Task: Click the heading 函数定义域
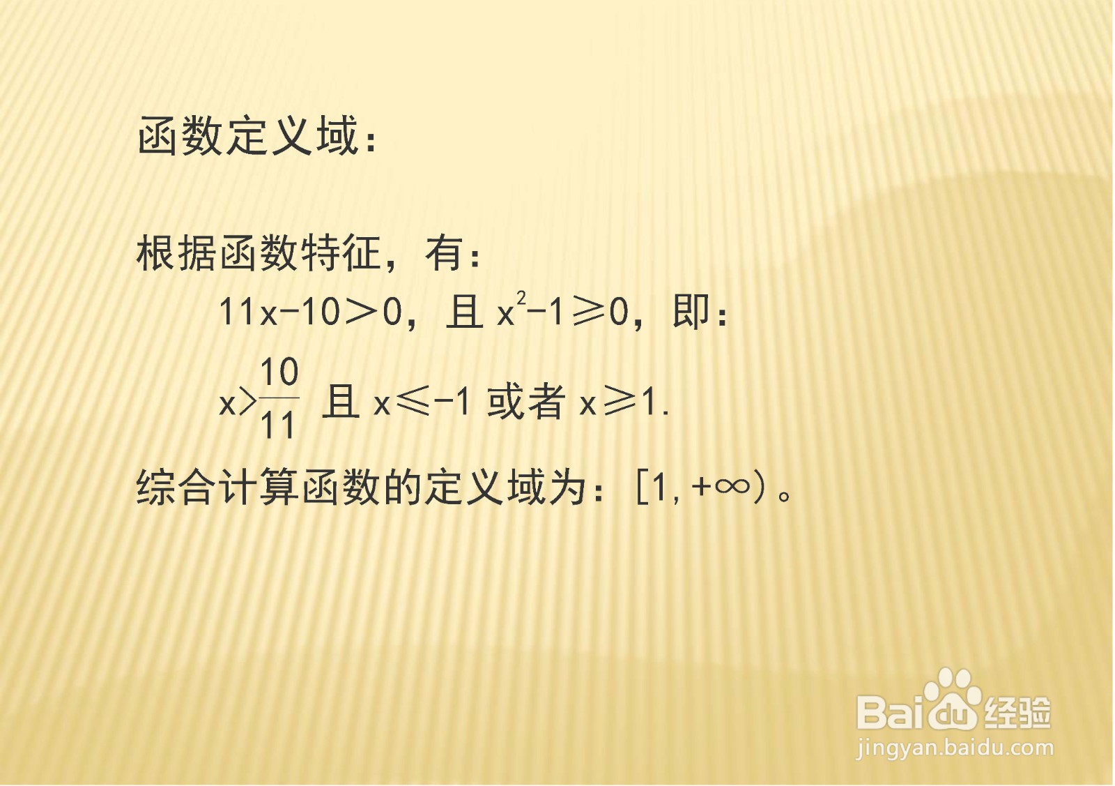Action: pyautogui.click(x=247, y=135)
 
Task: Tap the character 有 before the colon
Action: pyautogui.click(x=445, y=253)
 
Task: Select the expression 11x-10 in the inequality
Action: pyautogui.click(x=279, y=313)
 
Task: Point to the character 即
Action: pyautogui.click(x=691, y=312)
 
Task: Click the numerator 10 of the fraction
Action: pyautogui.click(x=279, y=372)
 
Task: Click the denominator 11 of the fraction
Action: pyautogui.click(x=277, y=425)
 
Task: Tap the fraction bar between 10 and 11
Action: pyautogui.click(x=279, y=398)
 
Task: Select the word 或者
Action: pyautogui.click(x=527, y=402)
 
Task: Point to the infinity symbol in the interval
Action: pyautogui.click(x=731, y=486)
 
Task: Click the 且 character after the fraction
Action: pyautogui.click(x=341, y=402)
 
